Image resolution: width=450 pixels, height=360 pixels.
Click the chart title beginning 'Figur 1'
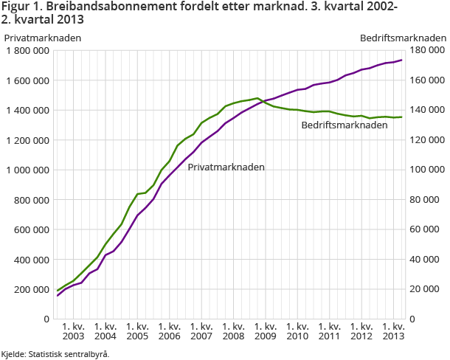[x=199, y=13]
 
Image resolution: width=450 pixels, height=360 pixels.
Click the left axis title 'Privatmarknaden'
[x=43, y=38]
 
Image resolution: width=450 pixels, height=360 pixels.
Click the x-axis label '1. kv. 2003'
[x=72, y=331]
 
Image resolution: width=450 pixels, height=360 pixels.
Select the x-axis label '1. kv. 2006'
[x=168, y=331]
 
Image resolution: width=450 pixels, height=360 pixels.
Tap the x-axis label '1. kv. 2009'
[x=265, y=331]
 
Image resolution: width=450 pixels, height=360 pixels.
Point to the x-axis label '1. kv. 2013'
[x=393, y=331]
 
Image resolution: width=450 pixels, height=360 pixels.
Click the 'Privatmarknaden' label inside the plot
[x=226, y=167]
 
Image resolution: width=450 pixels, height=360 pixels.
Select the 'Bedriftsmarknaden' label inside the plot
[x=345, y=125]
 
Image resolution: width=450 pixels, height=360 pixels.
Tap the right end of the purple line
[x=401, y=60]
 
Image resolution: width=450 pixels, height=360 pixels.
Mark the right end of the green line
[x=401, y=117]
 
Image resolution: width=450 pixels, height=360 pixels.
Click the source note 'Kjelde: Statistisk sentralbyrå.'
[x=55, y=353]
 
